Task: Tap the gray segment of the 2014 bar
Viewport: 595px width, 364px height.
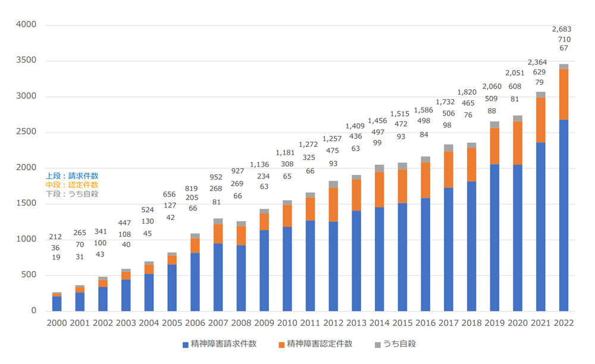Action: coord(380,168)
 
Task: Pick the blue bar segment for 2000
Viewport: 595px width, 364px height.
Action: coord(57,303)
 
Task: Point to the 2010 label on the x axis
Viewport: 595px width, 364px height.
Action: coord(287,323)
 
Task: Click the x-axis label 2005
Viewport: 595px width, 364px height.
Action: coord(172,323)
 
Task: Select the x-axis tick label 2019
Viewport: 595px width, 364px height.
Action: coord(494,323)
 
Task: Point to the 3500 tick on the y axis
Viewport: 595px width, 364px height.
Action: coord(26,61)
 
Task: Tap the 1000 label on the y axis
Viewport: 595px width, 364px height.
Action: coord(26,239)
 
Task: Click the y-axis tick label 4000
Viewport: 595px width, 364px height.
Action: coord(26,25)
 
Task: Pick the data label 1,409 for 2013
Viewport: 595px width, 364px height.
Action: coord(355,126)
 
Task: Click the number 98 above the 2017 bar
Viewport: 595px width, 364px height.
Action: coord(447,124)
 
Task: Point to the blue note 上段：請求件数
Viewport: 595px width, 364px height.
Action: coord(72,176)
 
